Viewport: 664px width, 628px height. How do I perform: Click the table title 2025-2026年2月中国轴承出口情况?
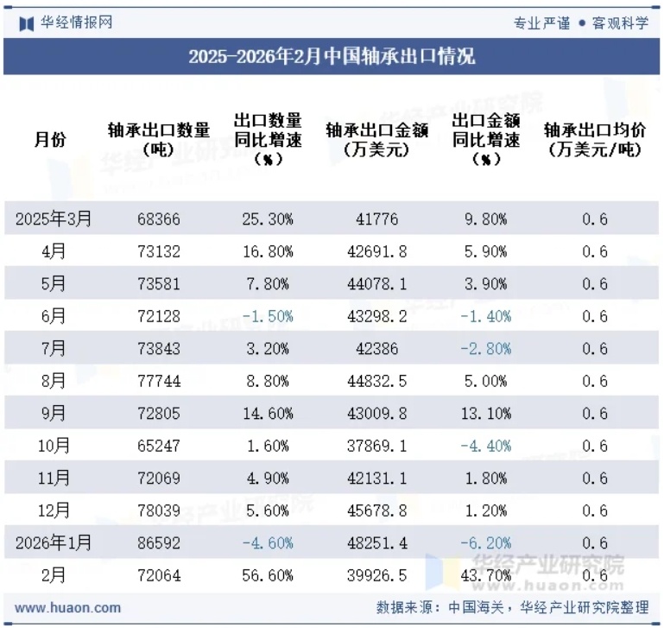click(332, 57)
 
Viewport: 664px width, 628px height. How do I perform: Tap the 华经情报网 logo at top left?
click(66, 22)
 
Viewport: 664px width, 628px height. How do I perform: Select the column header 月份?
click(50, 139)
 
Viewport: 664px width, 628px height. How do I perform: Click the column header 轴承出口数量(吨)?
click(159, 139)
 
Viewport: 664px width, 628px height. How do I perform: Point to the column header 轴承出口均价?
click(595, 139)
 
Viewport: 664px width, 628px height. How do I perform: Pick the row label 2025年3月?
click(54, 219)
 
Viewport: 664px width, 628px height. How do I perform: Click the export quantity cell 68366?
click(159, 219)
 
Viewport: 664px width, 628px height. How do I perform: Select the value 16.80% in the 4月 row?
click(268, 252)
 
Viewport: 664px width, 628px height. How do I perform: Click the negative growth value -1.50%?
click(268, 317)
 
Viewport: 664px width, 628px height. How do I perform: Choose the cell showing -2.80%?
click(486, 349)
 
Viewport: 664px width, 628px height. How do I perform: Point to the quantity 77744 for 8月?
click(159, 382)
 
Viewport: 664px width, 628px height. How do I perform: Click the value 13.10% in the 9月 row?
click(486, 414)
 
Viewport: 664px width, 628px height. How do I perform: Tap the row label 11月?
click(54, 479)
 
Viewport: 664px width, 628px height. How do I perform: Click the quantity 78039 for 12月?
click(159, 511)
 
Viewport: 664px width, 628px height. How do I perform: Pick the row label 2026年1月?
click(54, 543)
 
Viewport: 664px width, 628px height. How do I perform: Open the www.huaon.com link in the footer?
click(68, 607)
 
